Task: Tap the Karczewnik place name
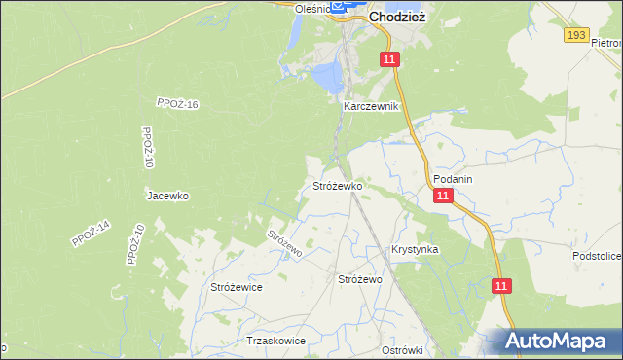click(371, 106)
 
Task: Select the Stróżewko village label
click(337, 185)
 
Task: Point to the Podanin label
click(453, 179)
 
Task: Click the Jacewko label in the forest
click(167, 196)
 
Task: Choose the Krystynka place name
click(415, 249)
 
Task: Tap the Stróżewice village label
click(237, 287)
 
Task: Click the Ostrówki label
click(402, 350)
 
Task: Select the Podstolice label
click(597, 254)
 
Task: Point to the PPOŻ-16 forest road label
click(177, 104)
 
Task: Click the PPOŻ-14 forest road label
click(92, 234)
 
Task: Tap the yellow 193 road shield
click(576, 35)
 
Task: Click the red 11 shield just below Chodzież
click(389, 59)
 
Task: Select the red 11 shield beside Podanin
click(443, 196)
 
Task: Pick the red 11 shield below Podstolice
click(500, 286)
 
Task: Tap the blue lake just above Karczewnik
click(327, 73)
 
